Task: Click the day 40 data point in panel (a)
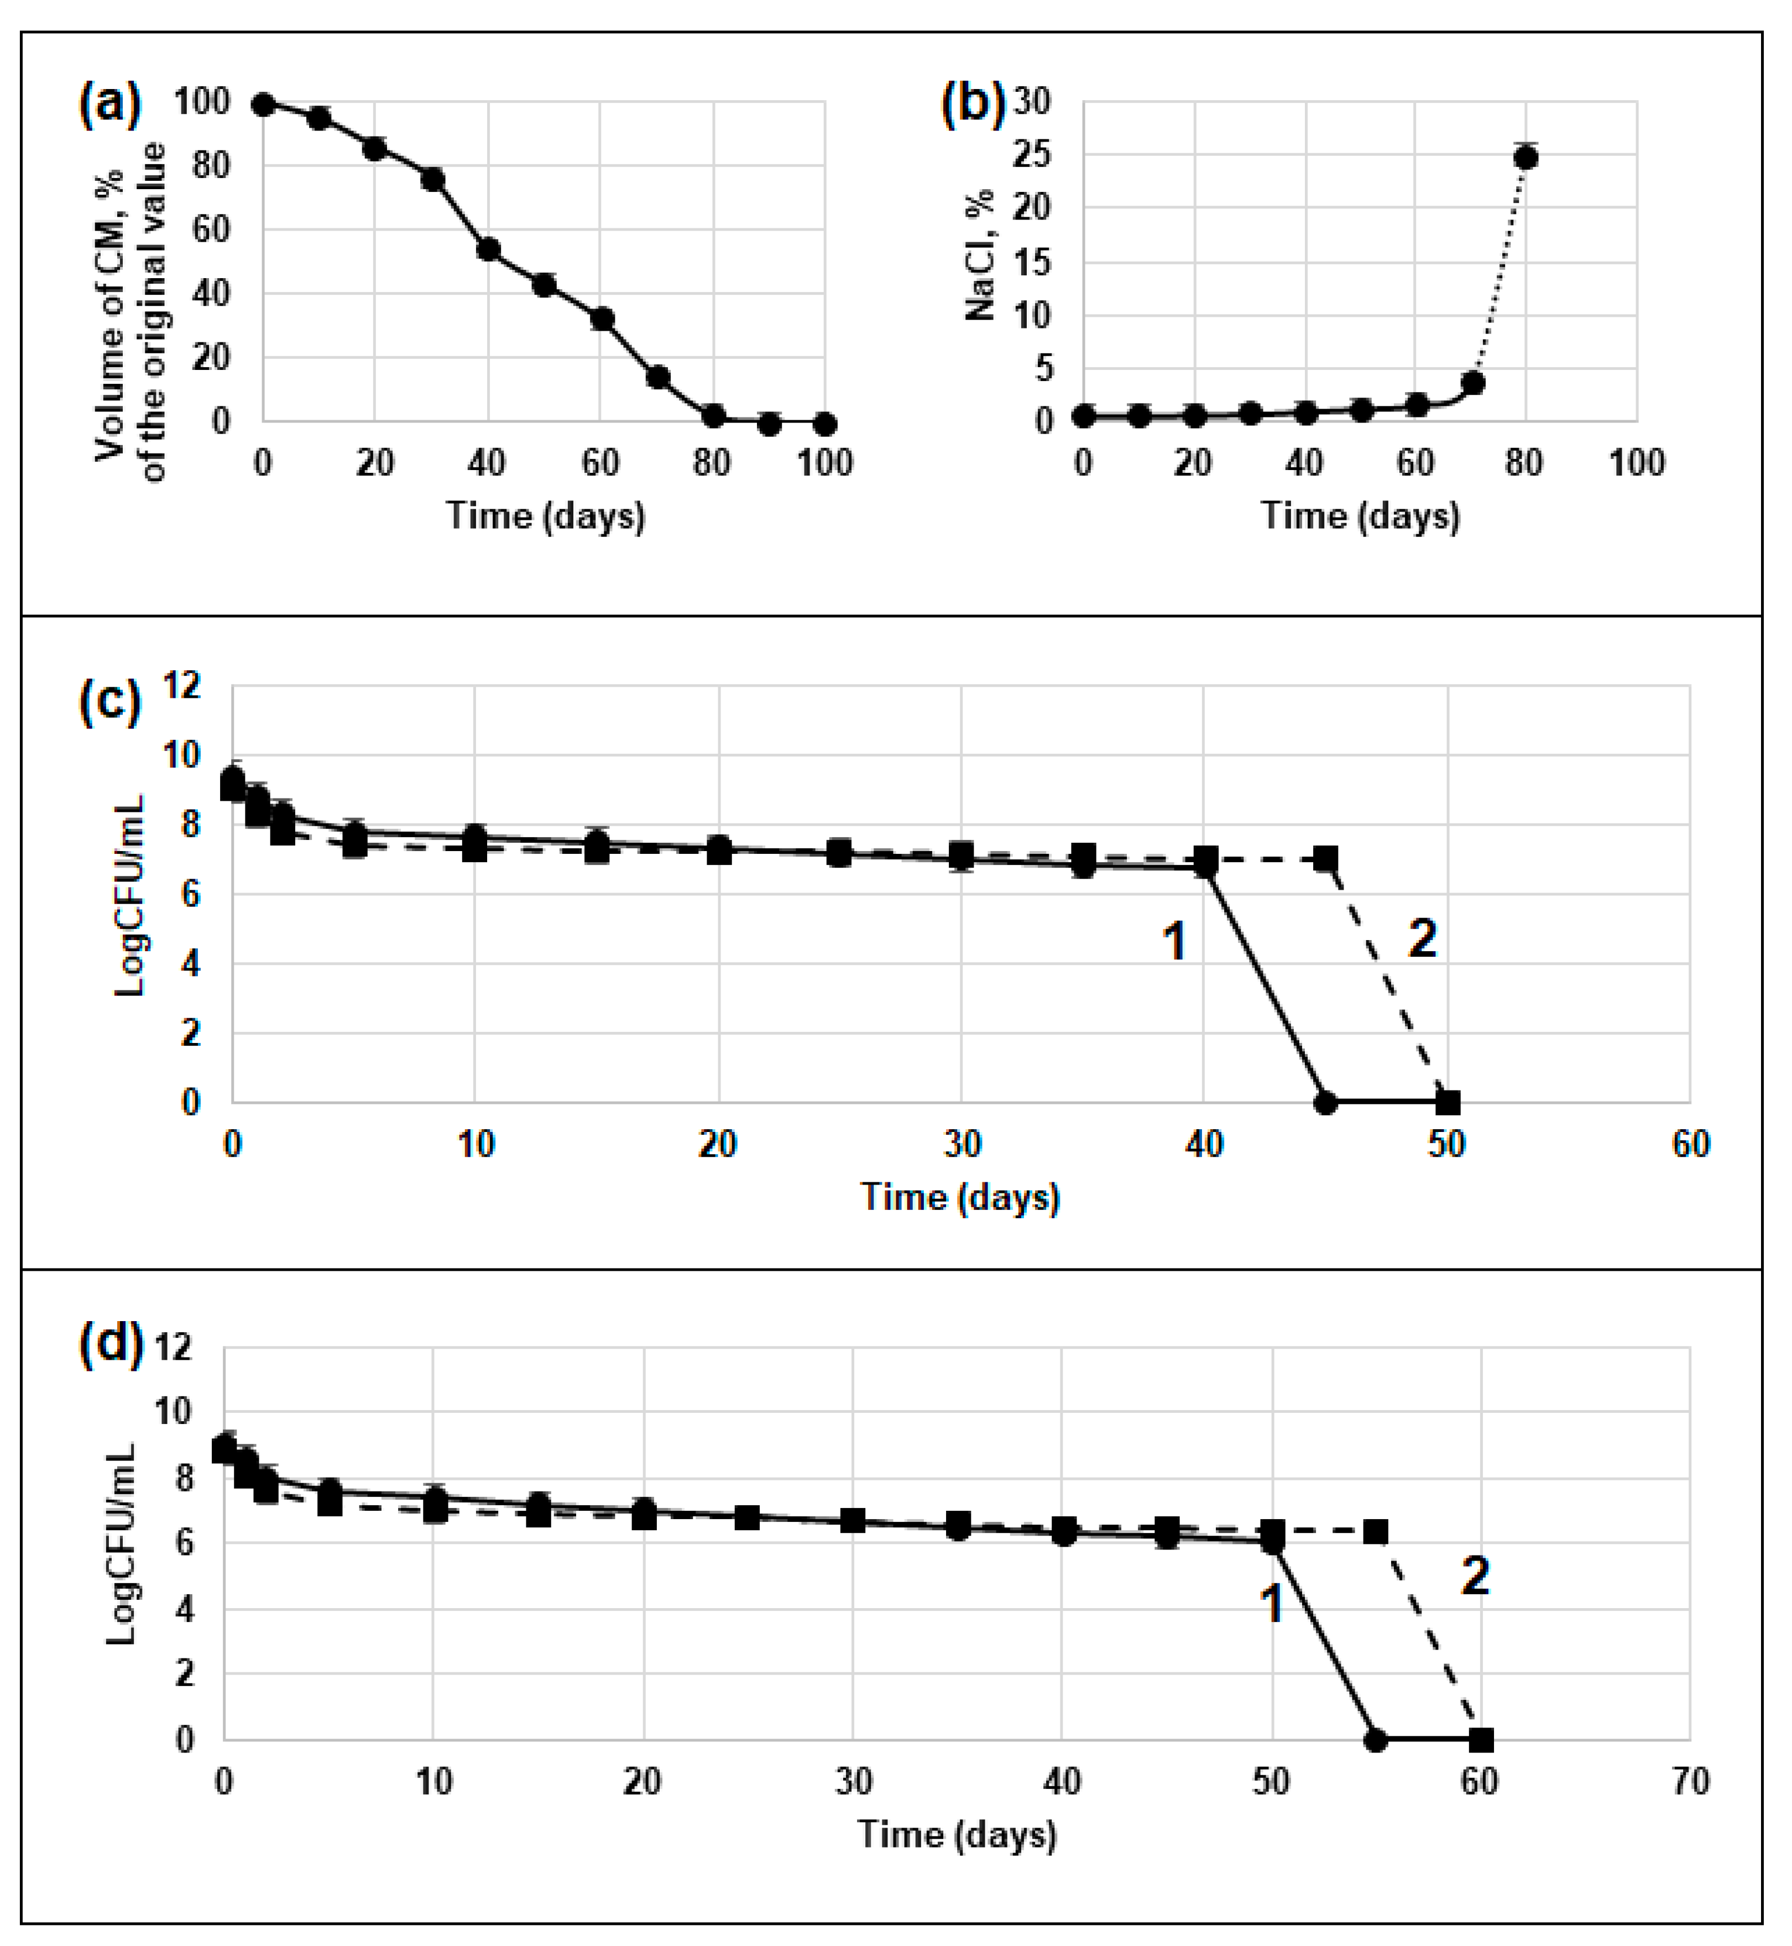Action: click(489, 250)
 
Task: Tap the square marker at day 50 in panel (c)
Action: click(1448, 1103)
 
